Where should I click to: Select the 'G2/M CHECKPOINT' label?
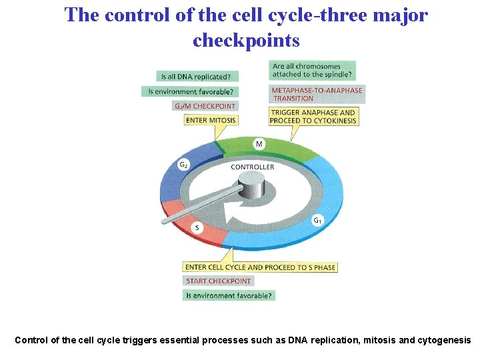coord(205,106)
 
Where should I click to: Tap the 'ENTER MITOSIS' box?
coord(211,120)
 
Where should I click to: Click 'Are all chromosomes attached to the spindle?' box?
coord(312,70)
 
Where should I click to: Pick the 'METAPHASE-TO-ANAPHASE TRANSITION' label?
coord(316,94)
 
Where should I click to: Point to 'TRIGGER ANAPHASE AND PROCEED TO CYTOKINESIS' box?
coord(313,117)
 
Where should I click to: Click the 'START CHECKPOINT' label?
coord(218,281)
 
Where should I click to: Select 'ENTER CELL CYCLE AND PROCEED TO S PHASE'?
coord(260,267)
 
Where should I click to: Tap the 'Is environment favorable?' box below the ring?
coord(229,295)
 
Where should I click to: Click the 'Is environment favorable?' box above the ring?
coord(190,91)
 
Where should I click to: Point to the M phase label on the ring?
coord(259,144)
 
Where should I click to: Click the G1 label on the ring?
coord(318,221)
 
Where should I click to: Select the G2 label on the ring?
coord(183,164)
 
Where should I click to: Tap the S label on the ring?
coord(197,228)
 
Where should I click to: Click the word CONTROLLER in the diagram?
coord(252,167)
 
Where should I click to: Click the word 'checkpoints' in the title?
coord(246,41)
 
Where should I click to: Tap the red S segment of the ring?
coord(183,217)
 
